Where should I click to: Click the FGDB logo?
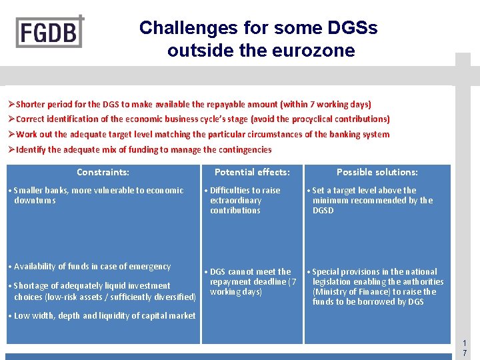(x=50, y=31)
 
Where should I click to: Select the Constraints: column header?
(x=103, y=172)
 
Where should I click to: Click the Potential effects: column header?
(x=252, y=172)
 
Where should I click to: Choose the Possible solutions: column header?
(x=377, y=172)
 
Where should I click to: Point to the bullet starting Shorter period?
(x=189, y=104)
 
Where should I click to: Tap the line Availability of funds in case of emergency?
(x=92, y=267)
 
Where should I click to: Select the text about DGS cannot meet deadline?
(x=252, y=281)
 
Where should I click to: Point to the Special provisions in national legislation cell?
(x=377, y=287)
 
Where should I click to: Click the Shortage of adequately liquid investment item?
(x=103, y=291)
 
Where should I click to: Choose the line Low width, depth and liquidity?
(x=104, y=316)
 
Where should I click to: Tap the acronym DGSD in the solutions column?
(x=323, y=211)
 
